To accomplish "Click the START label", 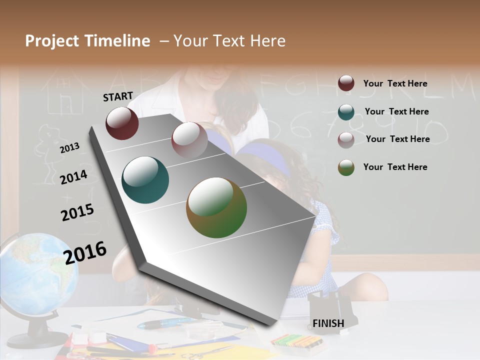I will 118,96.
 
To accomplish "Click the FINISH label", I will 328,323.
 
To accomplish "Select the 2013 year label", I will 69,147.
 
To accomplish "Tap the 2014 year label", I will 73,177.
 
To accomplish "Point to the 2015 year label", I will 77,212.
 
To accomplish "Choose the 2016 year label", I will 85,252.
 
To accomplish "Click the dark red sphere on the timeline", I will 122,123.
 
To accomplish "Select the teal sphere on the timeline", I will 145,180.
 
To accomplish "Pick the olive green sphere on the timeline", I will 216,207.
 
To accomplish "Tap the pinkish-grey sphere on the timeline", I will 189,139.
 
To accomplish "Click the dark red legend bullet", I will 346,83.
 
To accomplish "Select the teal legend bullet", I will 346,112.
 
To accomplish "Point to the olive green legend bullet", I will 346,167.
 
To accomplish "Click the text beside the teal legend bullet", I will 396,111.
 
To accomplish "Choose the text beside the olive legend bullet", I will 395,167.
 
